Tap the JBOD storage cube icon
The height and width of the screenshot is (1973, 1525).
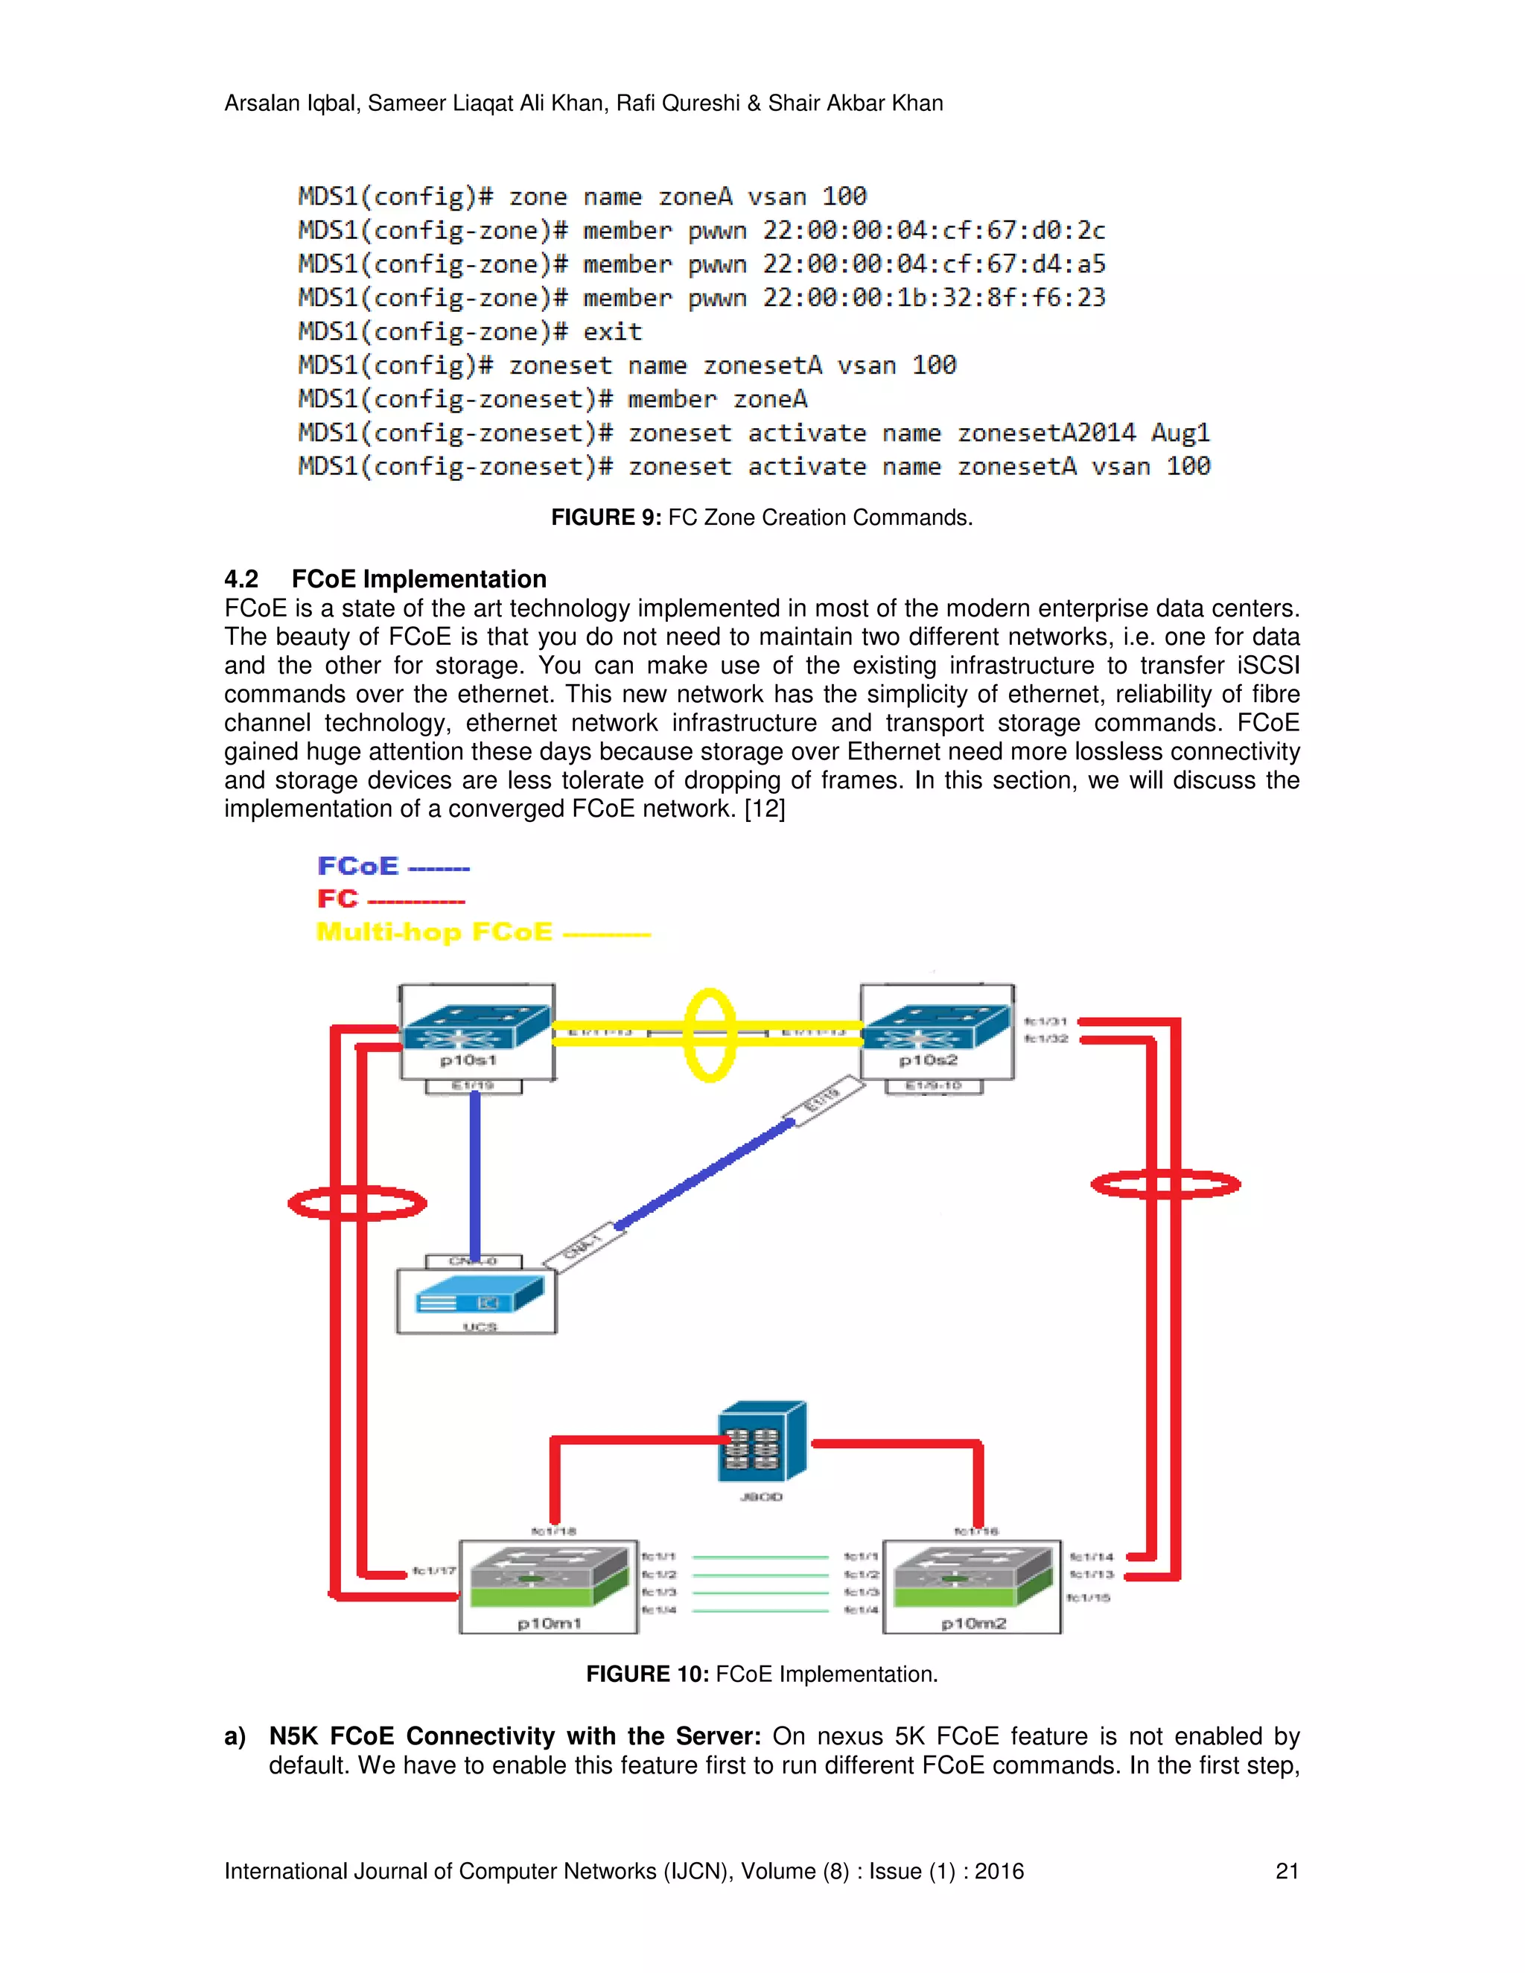762,1442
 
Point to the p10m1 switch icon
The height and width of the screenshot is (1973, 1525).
548,1578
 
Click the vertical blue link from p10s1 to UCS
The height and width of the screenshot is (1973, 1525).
475,1174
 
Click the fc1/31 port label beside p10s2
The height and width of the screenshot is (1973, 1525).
1045,1021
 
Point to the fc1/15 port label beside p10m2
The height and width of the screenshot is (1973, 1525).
1088,1598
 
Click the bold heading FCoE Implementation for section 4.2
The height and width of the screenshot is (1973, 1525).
418,578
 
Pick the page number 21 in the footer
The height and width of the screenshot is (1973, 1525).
1287,1871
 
